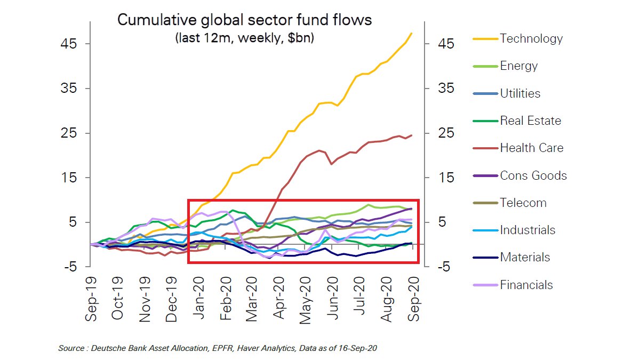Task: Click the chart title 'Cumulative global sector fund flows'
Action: [244, 20]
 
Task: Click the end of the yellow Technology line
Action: [412, 33]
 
